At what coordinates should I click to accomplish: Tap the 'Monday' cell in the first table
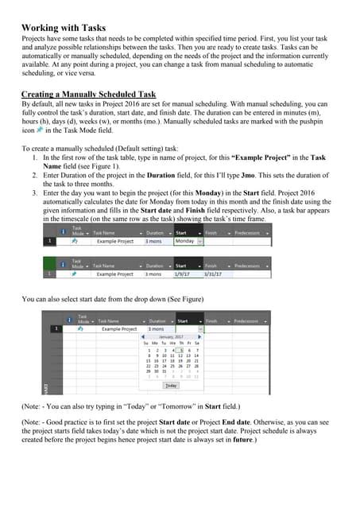[x=184, y=240]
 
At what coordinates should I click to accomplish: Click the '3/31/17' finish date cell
[x=211, y=274]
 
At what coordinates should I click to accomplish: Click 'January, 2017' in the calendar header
[x=170, y=337]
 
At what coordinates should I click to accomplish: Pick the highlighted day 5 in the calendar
[x=180, y=351]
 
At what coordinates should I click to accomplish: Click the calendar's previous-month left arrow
[x=144, y=337]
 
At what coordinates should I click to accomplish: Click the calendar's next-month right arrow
[x=199, y=337]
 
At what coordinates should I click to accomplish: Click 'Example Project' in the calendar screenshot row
[x=118, y=328]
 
